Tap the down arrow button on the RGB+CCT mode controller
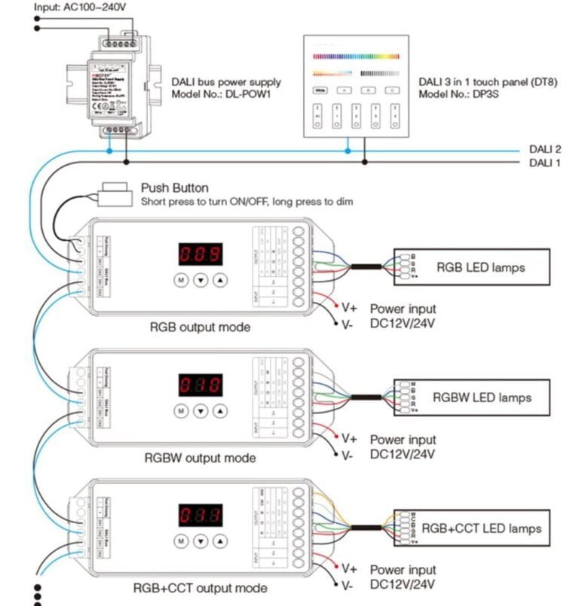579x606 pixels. (201, 541)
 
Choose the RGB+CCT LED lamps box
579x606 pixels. (471, 528)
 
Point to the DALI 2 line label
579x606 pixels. (544, 149)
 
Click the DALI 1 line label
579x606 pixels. (544, 163)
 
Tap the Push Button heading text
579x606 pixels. (175, 187)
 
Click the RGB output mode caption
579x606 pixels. (200, 327)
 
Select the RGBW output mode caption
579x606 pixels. (200, 458)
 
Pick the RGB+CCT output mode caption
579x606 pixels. (200, 588)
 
